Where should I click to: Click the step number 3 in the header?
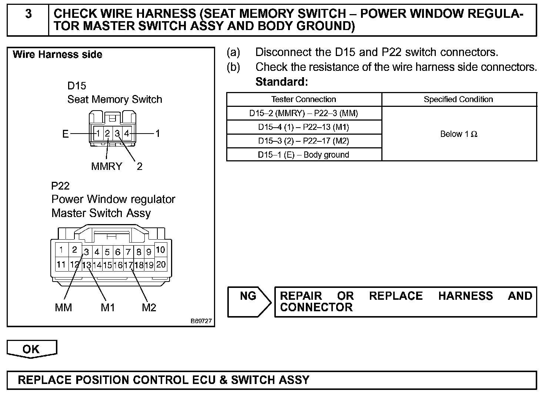28,14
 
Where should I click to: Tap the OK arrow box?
31,349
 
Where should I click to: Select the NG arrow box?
249,301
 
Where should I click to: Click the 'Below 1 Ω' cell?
459,134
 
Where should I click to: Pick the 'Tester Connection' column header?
304,99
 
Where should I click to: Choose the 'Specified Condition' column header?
458,99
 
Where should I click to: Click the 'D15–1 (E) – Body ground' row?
304,155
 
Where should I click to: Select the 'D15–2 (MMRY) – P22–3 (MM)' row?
304,113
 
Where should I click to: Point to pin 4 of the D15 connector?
127,133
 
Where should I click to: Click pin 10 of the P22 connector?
160,250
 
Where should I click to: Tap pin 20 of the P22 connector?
161,265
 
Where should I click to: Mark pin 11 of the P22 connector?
61,265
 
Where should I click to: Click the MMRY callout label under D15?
107,166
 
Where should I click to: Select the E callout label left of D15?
65,134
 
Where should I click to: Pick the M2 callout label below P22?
149,308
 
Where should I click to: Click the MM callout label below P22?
63,308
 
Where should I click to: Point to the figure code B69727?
201,321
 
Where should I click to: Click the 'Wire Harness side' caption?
57,55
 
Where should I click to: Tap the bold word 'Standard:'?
282,82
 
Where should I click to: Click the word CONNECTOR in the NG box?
316,308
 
